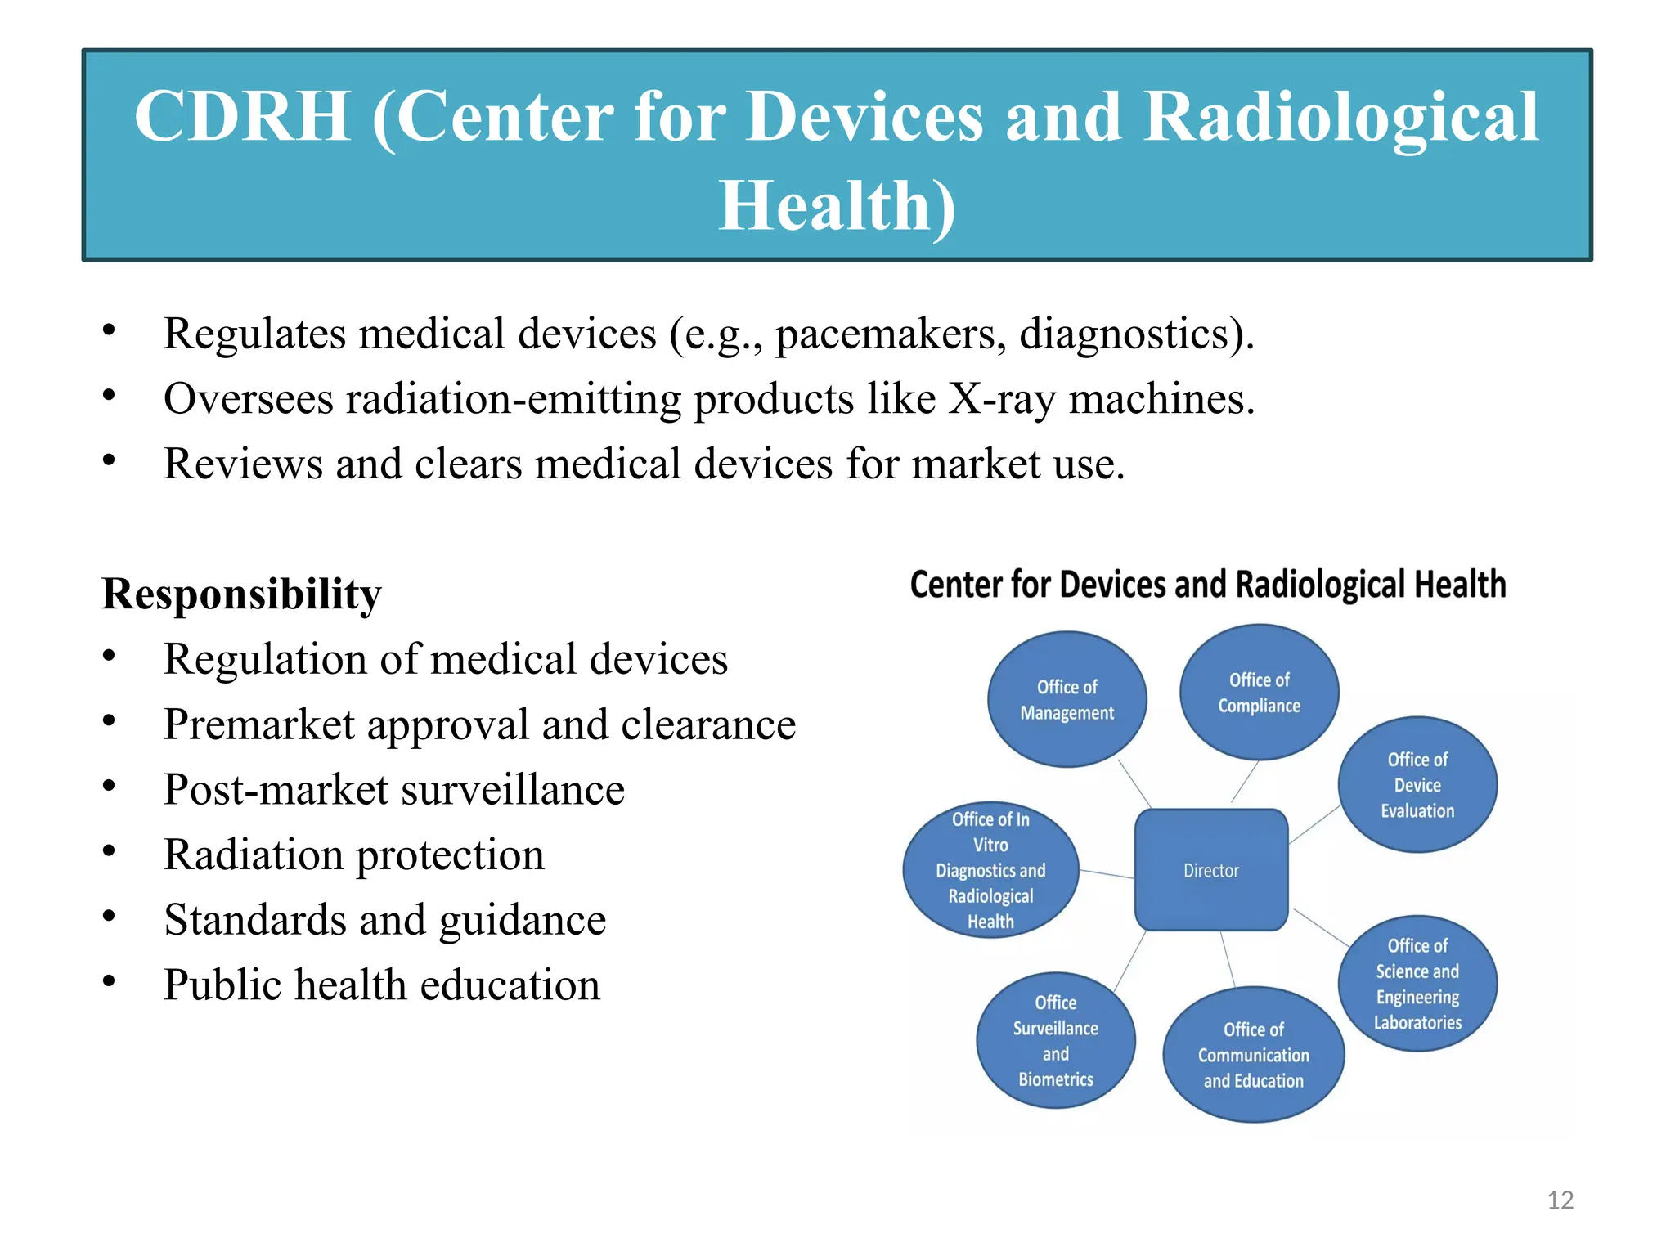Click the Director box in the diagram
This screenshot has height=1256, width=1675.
coord(1211,870)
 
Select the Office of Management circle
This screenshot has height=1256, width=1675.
coord(1067,699)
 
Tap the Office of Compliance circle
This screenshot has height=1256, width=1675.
coord(1259,693)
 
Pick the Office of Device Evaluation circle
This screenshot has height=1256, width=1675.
coord(1417,785)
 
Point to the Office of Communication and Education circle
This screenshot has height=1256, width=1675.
coord(1253,1055)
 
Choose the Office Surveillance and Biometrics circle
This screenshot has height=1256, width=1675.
coord(1055,1040)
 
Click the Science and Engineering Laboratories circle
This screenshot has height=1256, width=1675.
coord(1417,984)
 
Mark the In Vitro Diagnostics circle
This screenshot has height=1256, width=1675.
coord(990,870)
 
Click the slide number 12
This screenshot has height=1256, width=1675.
coord(1560,1200)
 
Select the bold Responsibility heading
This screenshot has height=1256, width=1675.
coord(241,594)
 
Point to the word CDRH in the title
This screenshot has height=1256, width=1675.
coord(243,117)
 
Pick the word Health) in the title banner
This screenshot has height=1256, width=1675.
coord(837,205)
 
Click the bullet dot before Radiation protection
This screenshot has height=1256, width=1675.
coord(109,851)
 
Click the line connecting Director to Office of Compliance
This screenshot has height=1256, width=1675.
coord(1244,782)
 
